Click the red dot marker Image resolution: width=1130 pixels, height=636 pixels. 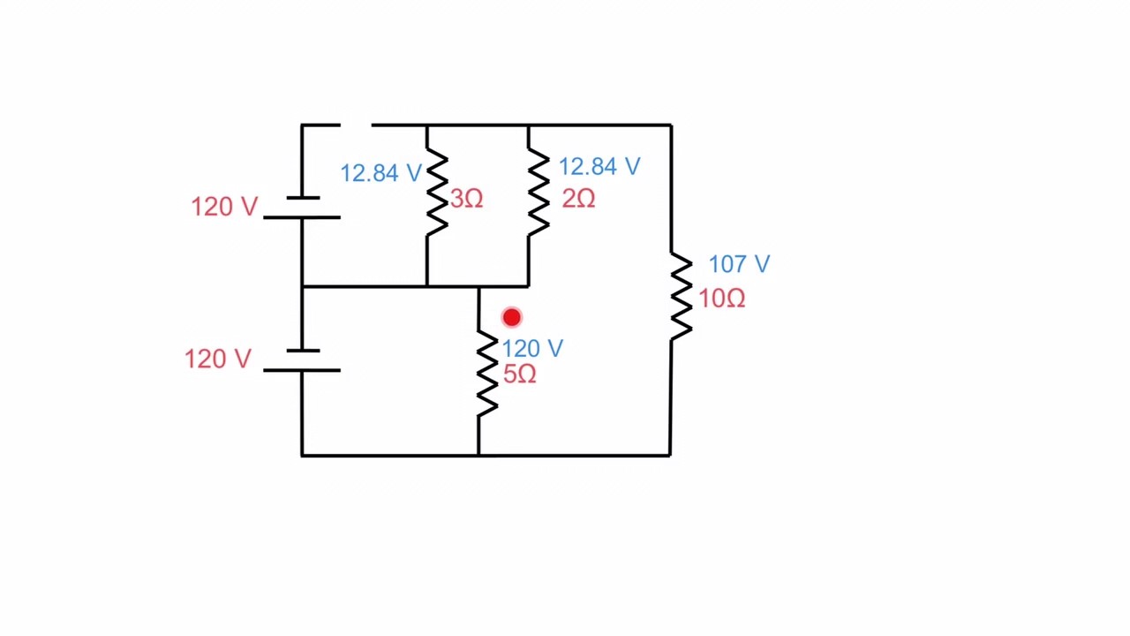click(512, 317)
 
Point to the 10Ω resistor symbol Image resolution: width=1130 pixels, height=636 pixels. click(680, 297)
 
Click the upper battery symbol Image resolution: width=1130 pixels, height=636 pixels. click(302, 208)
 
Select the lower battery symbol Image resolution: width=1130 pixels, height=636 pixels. click(302, 361)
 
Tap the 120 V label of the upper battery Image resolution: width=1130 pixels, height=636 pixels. click(224, 207)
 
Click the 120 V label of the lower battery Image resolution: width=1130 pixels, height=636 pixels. click(218, 360)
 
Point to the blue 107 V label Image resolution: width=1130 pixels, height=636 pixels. click(739, 264)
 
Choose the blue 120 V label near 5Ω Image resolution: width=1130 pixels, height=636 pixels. click(532, 349)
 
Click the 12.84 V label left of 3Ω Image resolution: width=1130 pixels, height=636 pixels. click(380, 173)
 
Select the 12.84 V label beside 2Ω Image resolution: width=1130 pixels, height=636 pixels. click(599, 167)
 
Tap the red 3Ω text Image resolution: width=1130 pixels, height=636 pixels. click(467, 199)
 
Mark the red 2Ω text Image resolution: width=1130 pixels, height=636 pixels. click(578, 200)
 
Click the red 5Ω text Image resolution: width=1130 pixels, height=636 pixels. click(520, 375)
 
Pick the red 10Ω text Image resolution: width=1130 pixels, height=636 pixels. click(722, 299)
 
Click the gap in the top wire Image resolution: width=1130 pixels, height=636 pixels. click(356, 125)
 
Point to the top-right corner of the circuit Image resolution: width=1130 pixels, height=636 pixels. click(671, 125)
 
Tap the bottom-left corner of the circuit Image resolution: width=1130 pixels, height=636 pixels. click(302, 455)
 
